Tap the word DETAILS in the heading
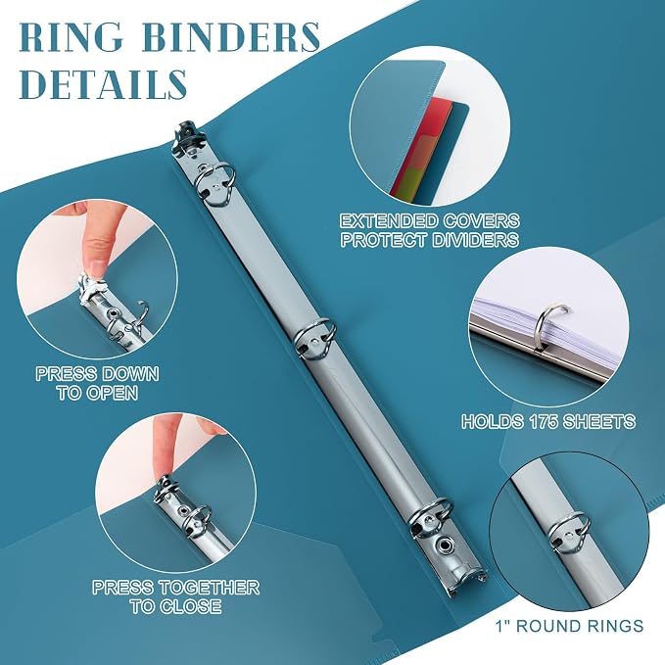[103, 83]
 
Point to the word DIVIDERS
[475, 240]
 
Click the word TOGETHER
[211, 588]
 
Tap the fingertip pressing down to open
[95, 265]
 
